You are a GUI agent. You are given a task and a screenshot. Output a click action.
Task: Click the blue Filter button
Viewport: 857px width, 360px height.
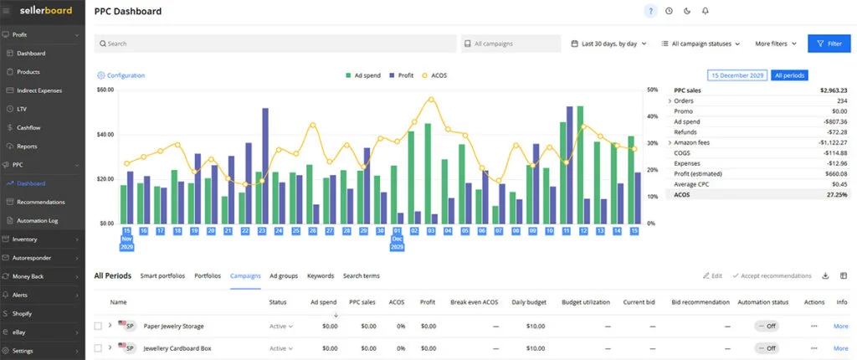click(828, 44)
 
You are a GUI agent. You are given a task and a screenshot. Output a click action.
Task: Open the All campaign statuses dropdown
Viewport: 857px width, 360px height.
click(700, 44)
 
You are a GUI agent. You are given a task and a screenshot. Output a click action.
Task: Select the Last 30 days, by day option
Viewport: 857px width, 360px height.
click(609, 44)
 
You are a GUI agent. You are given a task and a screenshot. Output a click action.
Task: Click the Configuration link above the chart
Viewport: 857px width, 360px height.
click(121, 75)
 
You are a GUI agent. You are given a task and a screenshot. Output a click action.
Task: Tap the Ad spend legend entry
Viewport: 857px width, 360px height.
click(363, 75)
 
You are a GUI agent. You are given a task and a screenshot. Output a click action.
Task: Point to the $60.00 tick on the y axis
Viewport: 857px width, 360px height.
click(105, 90)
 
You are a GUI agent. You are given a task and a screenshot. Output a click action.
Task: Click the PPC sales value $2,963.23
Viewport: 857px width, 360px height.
click(832, 90)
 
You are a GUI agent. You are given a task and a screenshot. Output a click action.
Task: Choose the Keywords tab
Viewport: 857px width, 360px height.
click(321, 275)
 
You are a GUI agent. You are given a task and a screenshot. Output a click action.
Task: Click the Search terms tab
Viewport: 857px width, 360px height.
click(361, 275)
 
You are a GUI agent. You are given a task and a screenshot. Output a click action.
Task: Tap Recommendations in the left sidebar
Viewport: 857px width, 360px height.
click(40, 202)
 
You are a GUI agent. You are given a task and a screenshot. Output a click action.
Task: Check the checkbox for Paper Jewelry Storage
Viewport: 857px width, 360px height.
click(98, 326)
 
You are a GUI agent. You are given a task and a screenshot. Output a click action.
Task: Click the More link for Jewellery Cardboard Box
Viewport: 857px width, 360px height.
click(840, 347)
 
